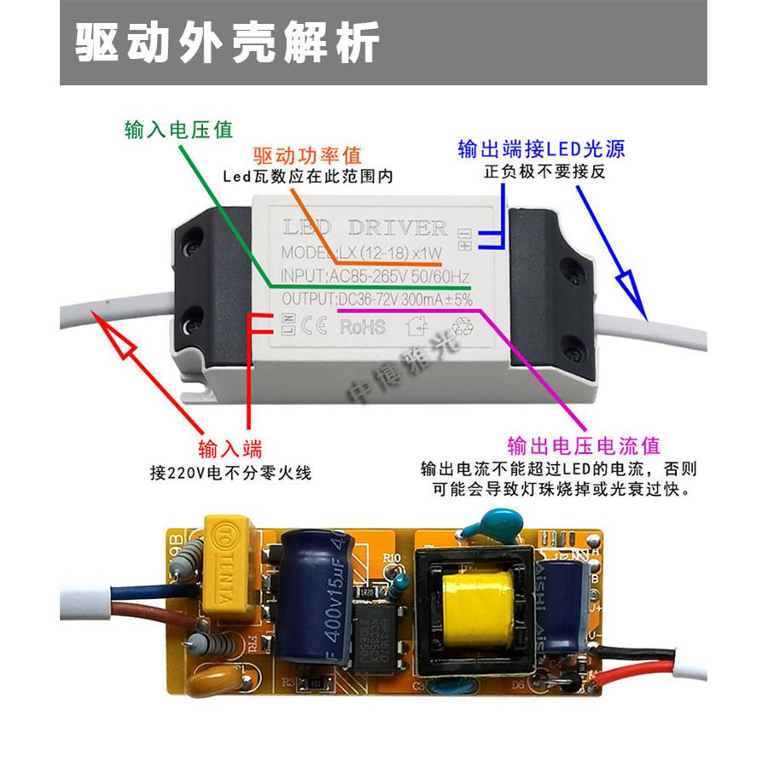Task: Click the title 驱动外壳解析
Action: pyautogui.click(x=227, y=43)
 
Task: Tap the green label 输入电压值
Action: pyautogui.click(x=178, y=130)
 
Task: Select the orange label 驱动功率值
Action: pyautogui.click(x=307, y=156)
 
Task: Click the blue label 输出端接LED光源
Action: pyautogui.click(x=541, y=149)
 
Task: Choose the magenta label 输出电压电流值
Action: pyautogui.click(x=584, y=445)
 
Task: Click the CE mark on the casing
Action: pyautogui.click(x=314, y=325)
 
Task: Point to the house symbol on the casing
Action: pyautogui.click(x=419, y=326)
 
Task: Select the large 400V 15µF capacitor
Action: pyautogui.click(x=313, y=597)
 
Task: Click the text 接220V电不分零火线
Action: pyautogui.click(x=230, y=472)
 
